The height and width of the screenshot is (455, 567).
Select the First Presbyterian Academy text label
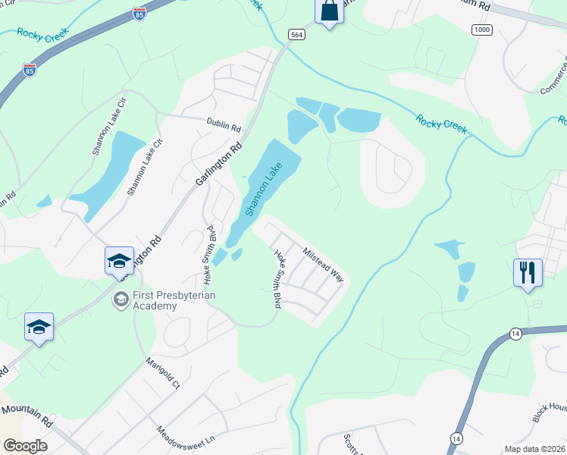tap(155, 300)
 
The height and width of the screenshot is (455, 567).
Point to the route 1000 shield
tap(481, 29)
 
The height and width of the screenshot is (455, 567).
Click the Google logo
tap(25, 446)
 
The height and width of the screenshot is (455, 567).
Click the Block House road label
tap(550, 413)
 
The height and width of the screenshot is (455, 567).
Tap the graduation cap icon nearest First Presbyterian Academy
tap(119, 262)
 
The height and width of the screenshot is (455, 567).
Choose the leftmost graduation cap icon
tap(39, 327)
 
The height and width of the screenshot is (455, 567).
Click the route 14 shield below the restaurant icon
tap(515, 334)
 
